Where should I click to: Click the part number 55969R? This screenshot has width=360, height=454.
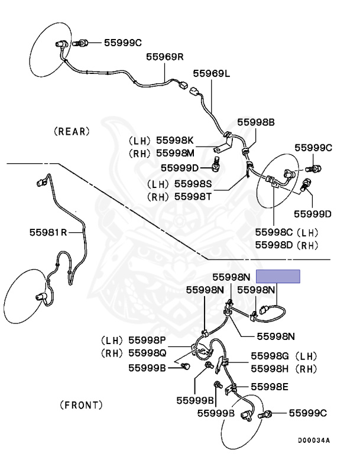coord(164,57)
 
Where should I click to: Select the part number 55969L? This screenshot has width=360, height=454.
coord(212,73)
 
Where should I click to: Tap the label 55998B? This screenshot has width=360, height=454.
coord(256,122)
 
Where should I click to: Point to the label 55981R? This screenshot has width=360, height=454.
coord(48,232)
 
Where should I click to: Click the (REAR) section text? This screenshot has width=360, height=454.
coord(72,131)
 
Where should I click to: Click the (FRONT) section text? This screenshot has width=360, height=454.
coord(81,405)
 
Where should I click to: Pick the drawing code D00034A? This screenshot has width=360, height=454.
coord(314,440)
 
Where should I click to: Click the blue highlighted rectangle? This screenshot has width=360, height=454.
coord(278,276)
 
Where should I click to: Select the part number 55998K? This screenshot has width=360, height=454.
coord(174,141)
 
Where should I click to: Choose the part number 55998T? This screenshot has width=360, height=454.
coord(193,197)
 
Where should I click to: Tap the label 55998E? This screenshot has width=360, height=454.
coord(270,387)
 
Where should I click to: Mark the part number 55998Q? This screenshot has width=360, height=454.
coord(147,353)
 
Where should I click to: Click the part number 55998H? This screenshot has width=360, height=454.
coord(270,369)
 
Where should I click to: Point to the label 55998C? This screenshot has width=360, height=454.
coord(274,232)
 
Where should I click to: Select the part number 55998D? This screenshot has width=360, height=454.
coord(274,245)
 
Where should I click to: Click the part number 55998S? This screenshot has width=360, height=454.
coord(193,184)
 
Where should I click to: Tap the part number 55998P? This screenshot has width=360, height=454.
coord(147,340)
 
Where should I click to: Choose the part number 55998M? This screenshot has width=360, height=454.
coord(175,153)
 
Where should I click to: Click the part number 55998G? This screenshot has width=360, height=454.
coord(270,356)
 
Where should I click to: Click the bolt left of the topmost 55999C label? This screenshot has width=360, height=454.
coord(80,43)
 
